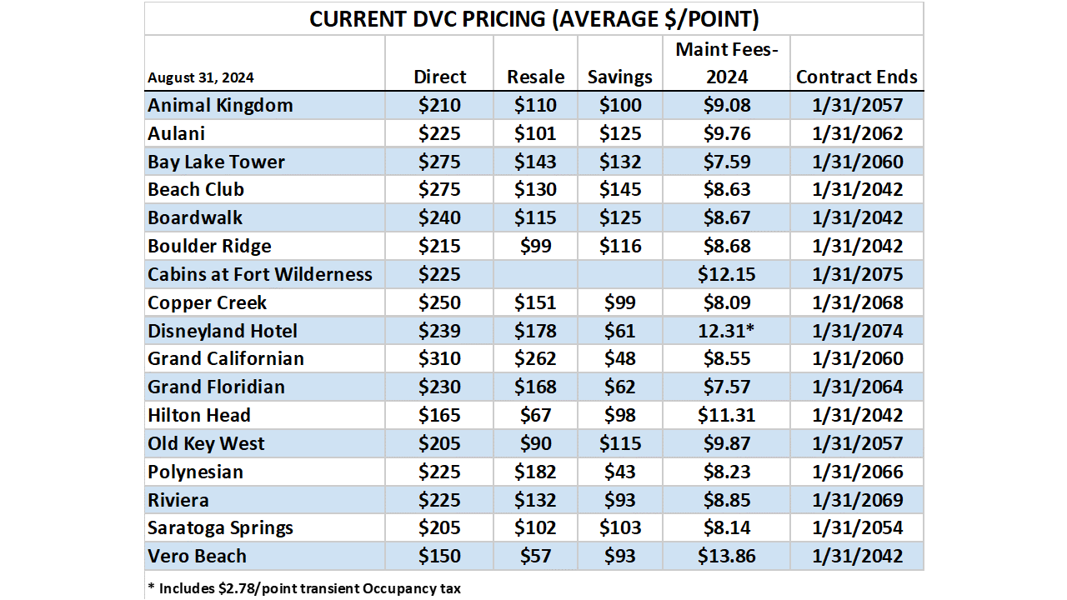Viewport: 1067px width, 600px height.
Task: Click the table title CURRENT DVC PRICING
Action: point(533,19)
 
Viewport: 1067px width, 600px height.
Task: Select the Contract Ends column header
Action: point(856,77)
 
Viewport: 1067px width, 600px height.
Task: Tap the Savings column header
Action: point(619,77)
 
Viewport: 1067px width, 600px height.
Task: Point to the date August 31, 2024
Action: point(201,77)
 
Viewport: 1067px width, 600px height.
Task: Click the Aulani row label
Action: point(176,133)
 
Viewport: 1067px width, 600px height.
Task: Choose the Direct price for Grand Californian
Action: point(439,359)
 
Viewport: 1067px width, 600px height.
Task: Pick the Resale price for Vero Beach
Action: point(535,556)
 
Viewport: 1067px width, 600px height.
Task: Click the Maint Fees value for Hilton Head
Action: point(728,415)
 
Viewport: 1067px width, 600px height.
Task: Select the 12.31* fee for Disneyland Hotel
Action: point(728,331)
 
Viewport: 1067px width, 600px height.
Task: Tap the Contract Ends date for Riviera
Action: point(856,500)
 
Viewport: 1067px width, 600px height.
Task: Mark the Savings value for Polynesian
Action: point(619,472)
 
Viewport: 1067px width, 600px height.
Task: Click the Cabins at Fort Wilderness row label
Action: point(260,274)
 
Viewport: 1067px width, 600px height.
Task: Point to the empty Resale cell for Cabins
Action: point(535,274)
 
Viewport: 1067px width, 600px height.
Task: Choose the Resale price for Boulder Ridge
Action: point(535,246)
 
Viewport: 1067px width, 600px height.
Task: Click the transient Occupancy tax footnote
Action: point(303,587)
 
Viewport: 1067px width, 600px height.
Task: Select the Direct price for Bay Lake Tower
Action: point(439,162)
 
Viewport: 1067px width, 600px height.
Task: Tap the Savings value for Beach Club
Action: point(619,190)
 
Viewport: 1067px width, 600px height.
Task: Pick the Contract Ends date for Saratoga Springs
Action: point(856,527)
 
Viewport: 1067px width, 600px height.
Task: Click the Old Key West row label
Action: point(206,443)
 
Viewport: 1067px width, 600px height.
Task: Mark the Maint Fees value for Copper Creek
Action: point(728,302)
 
